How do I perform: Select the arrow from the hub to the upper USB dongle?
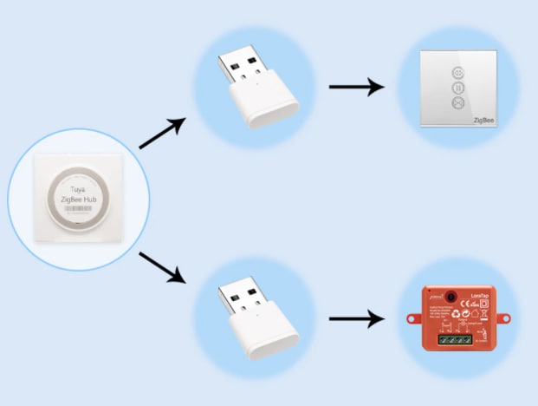(162, 134)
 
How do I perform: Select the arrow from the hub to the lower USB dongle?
(162, 267)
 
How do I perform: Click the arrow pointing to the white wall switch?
(356, 87)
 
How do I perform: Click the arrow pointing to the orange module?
(356, 319)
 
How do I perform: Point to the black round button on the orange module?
(451, 295)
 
